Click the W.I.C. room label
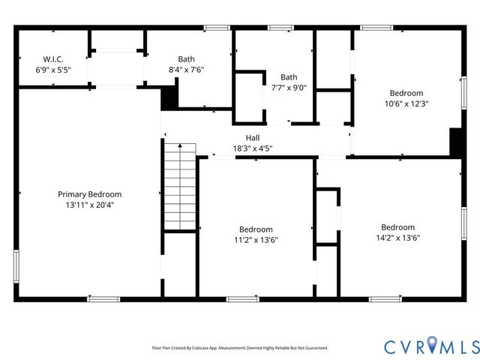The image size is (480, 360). point(53,58)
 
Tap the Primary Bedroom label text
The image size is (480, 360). point(89,194)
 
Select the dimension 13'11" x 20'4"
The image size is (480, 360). point(89,204)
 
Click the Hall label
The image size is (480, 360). point(252,138)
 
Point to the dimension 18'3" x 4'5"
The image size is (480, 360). point(252,148)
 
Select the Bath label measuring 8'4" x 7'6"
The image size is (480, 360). point(186,59)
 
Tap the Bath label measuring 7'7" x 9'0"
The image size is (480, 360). point(289,76)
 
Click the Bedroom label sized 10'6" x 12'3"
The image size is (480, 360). point(406,93)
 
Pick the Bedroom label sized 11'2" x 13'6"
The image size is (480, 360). point(256,229)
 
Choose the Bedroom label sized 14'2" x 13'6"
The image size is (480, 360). point(397,227)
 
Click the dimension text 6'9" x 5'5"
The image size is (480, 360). point(53,69)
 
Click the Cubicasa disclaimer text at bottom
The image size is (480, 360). point(240,348)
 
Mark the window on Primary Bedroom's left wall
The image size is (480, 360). point(16,267)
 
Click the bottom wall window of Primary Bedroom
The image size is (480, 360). point(103,299)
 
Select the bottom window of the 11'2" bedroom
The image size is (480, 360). point(242,299)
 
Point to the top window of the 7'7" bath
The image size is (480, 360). point(280,28)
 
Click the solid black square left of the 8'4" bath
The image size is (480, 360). point(170,98)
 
